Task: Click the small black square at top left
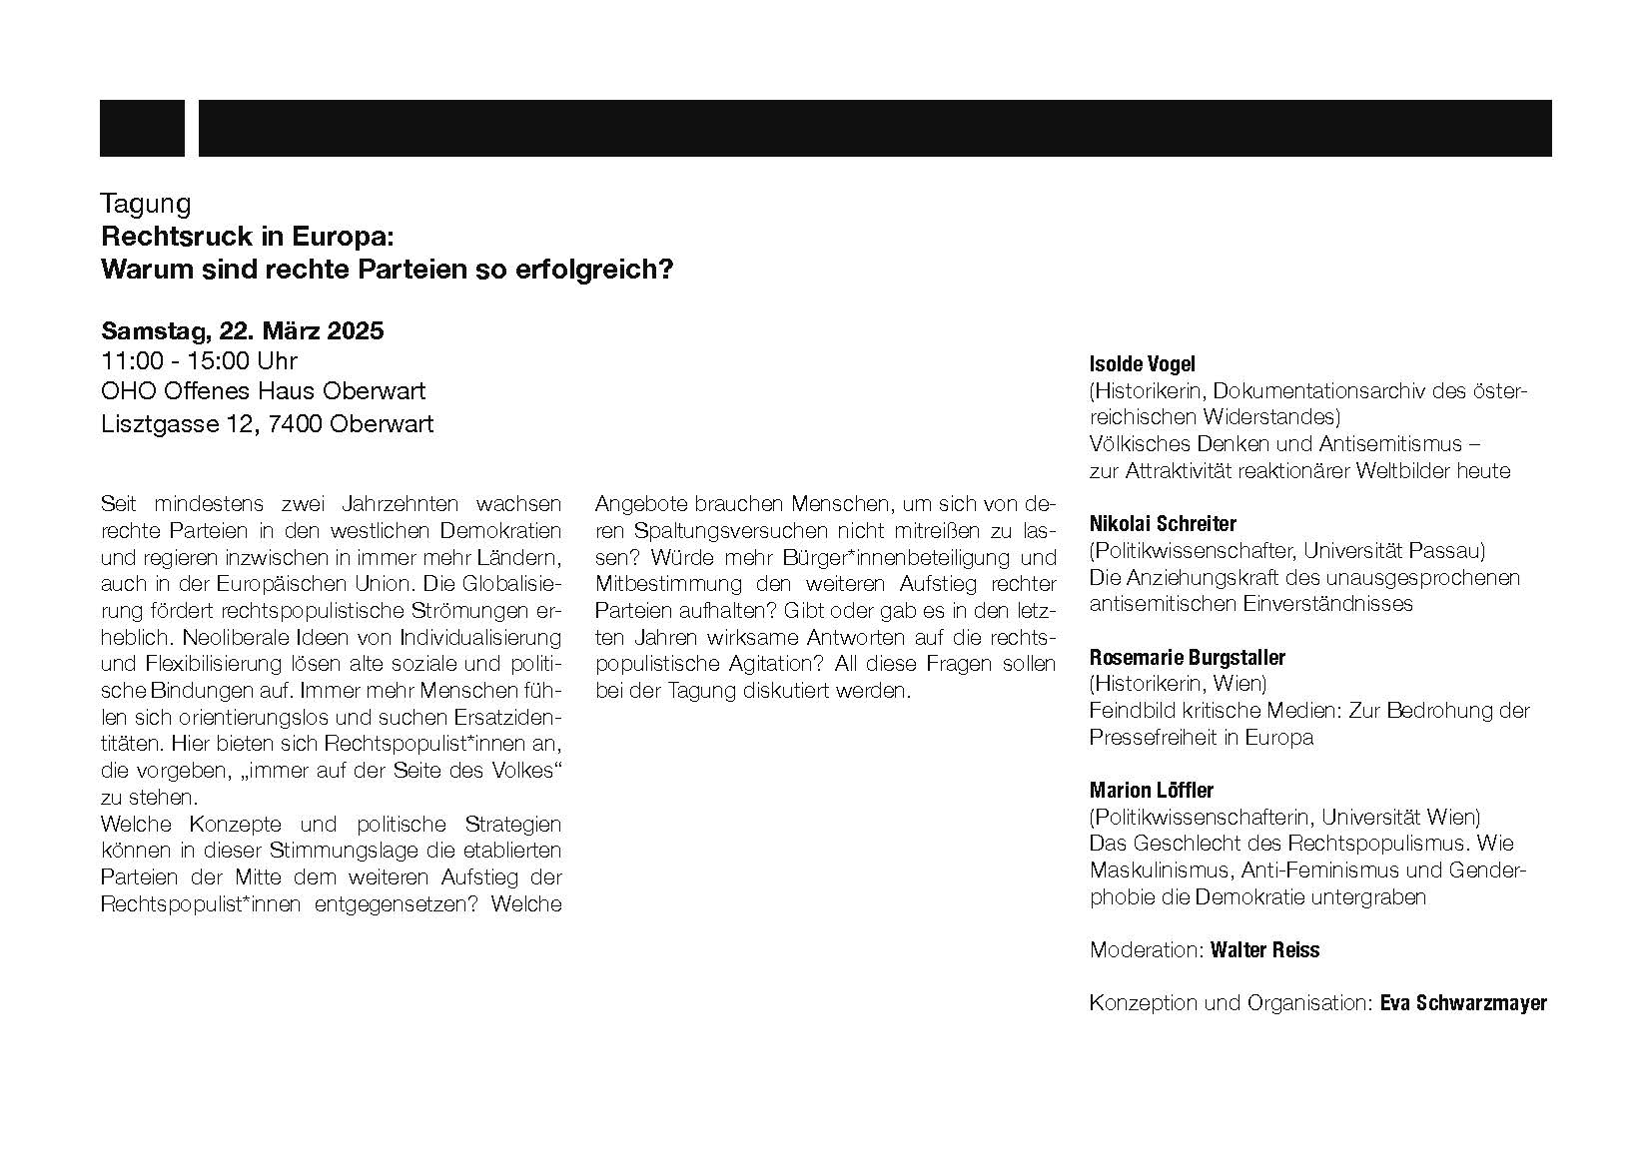point(142,128)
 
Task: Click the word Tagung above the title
point(146,204)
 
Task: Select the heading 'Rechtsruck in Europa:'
point(249,238)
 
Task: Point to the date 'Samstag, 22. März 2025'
point(243,331)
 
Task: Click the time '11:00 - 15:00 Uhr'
point(199,360)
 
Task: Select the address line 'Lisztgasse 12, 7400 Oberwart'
point(268,423)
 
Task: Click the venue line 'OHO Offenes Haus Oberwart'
point(264,391)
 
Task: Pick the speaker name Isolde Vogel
point(1142,364)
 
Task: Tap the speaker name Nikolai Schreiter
point(1163,524)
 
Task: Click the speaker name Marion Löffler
point(1152,791)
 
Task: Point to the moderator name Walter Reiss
point(1264,950)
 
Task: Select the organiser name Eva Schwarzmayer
point(1463,1003)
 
